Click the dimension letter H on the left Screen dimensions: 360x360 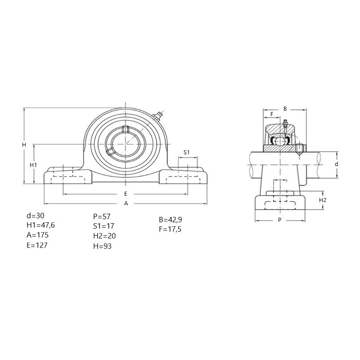tap(24, 145)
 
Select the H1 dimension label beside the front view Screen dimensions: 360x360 tap(33, 165)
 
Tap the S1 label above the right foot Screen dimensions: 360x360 tap(187, 152)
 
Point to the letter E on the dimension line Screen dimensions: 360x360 tap(126, 194)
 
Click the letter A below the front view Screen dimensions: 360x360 tap(126, 203)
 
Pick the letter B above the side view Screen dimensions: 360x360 tap(285, 109)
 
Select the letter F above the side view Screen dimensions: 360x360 tap(272, 114)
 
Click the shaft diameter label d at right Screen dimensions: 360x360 tap(336, 164)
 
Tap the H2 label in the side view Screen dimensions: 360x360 tap(323, 200)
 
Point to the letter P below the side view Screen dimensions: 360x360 tap(279, 220)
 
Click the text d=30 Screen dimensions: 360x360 tap(36, 216)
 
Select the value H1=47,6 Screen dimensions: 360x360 tap(41, 225)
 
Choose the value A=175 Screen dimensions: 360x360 tap(38, 235)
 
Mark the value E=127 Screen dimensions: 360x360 tap(37, 245)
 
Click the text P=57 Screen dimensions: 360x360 tap(102, 216)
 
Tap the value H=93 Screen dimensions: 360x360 tap(103, 246)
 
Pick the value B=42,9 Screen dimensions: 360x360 tap(171, 220)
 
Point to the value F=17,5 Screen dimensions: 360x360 tap(170, 229)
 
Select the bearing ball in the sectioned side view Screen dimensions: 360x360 tap(280, 141)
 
